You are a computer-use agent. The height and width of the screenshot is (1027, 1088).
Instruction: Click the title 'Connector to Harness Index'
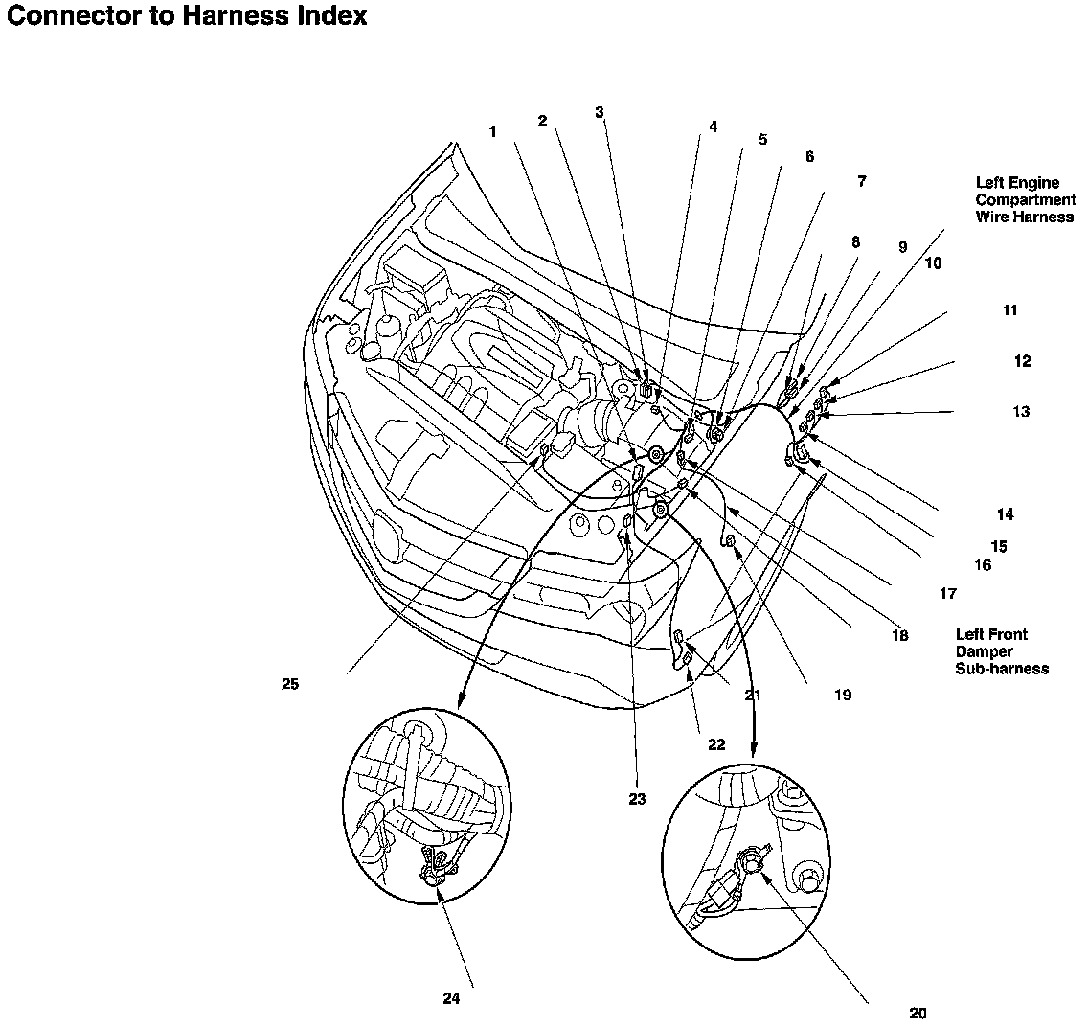tap(186, 16)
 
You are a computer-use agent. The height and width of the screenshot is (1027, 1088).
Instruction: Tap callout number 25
tap(290, 684)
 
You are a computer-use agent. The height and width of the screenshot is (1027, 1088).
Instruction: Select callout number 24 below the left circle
tap(452, 998)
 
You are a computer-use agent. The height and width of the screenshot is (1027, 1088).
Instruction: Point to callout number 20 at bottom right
tap(918, 1014)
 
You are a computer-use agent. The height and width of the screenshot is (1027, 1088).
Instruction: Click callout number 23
tap(637, 799)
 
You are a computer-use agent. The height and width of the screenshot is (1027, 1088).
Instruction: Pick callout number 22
tap(716, 745)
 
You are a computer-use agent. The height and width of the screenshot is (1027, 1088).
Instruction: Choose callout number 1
tap(492, 132)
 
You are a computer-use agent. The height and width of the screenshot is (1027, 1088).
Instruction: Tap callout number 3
tap(600, 112)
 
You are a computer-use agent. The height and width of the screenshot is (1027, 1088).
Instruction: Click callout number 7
tap(862, 181)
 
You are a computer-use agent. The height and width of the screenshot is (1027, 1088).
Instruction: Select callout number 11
tap(1010, 310)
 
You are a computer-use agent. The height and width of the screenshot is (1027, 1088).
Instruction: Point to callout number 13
tap(1021, 412)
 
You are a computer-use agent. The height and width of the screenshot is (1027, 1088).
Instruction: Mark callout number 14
tap(1006, 514)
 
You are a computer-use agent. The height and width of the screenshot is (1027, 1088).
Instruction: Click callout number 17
tap(948, 593)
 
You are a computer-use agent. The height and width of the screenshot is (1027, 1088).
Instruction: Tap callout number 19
tap(843, 695)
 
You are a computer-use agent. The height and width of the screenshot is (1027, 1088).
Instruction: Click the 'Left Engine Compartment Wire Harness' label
tap(1026, 200)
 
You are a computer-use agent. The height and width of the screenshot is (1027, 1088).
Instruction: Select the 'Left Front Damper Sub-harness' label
tap(1002, 651)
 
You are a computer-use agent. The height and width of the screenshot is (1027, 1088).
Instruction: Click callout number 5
tap(762, 140)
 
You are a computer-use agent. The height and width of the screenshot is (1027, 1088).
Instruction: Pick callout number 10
tap(933, 263)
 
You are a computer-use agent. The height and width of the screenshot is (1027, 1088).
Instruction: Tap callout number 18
tap(900, 635)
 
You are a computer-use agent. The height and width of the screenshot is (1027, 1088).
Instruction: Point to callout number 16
tap(984, 565)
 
